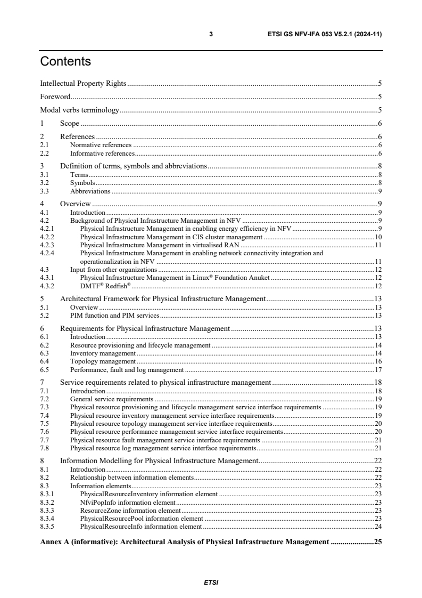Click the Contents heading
point(65,62)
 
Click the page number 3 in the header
point(211,34)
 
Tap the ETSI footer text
point(211,582)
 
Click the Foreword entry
point(55,97)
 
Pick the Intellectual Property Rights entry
point(83,83)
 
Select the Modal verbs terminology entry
point(79,111)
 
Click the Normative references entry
point(101,144)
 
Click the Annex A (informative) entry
point(184,542)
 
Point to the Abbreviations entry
point(90,191)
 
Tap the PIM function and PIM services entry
point(114,316)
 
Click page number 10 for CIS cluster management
point(378,237)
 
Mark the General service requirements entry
point(112,399)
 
